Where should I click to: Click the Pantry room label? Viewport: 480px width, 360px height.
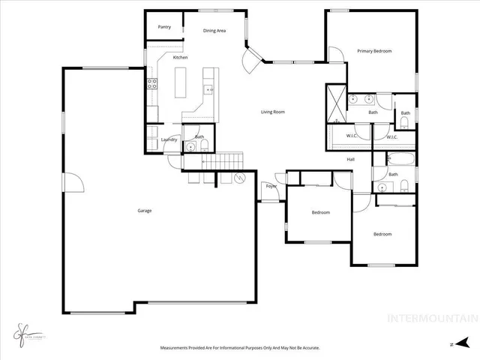[164, 27]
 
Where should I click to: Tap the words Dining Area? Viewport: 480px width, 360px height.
[214, 30]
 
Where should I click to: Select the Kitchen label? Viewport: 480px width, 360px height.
[180, 58]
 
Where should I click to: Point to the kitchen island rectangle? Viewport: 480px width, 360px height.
[181, 82]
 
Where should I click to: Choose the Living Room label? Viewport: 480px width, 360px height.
[273, 112]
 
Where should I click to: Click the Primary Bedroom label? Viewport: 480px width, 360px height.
[374, 51]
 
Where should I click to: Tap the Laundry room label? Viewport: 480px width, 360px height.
[169, 139]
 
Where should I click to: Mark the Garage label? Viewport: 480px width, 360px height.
[144, 211]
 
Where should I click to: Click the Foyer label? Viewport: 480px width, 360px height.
[270, 185]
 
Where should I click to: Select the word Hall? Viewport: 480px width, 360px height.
[350, 159]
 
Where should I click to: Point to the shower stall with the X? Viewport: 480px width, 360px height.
[334, 103]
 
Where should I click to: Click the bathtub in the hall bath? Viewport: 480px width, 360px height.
[397, 158]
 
